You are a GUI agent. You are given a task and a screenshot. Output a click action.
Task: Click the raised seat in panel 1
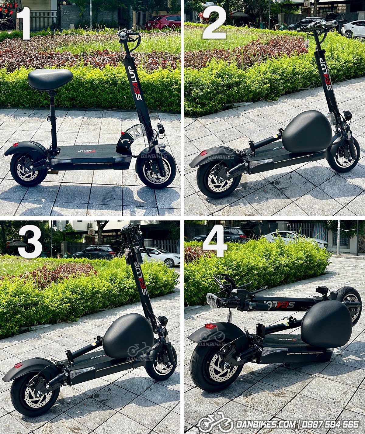coord(50,79)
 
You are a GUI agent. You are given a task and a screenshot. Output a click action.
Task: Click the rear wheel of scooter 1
coord(27,170)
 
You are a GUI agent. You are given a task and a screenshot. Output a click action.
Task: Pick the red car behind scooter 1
coord(163,22)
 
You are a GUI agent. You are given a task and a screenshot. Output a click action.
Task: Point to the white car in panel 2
coord(353,29)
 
